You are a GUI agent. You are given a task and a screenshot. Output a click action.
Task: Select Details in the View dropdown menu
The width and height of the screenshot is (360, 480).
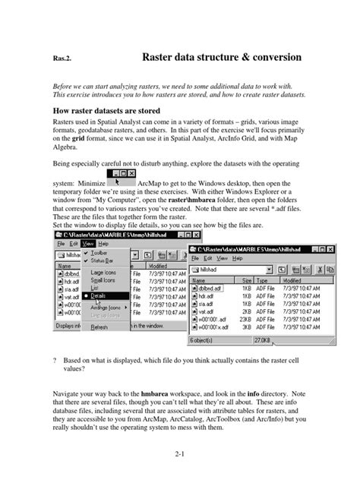tap(100, 295)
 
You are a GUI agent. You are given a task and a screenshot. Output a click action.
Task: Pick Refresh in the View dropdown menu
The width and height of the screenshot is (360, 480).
tap(99, 327)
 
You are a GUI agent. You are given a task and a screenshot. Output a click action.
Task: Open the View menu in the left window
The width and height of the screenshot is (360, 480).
tap(88, 244)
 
